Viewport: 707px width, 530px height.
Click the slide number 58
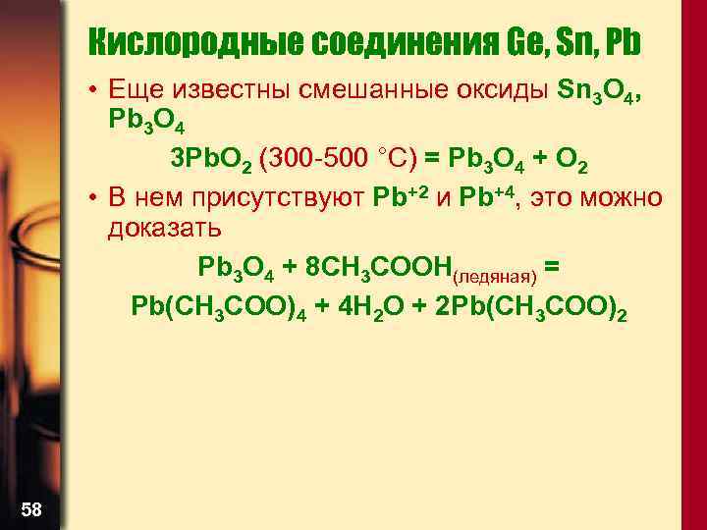tap(30, 508)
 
